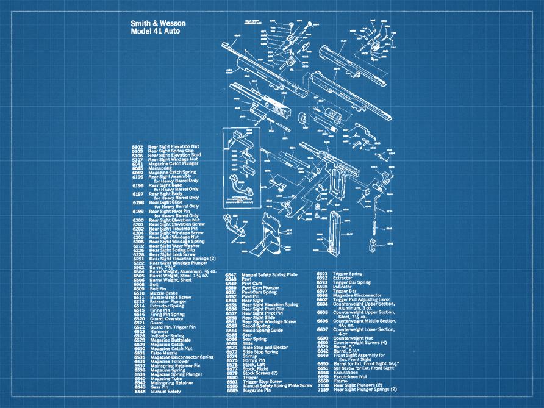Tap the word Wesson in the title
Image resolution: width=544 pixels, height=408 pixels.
point(171,23)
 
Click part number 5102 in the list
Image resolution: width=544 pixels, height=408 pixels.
point(137,147)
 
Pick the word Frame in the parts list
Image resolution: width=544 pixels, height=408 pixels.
point(338,381)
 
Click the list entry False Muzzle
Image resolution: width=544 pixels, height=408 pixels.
point(163,353)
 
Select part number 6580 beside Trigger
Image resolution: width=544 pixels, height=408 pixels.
point(232,378)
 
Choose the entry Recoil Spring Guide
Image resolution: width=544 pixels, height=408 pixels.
point(264,331)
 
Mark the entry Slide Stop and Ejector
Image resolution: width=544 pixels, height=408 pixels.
point(265,347)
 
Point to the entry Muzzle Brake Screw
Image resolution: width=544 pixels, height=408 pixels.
point(173,297)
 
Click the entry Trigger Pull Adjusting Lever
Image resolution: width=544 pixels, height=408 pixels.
point(363,299)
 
